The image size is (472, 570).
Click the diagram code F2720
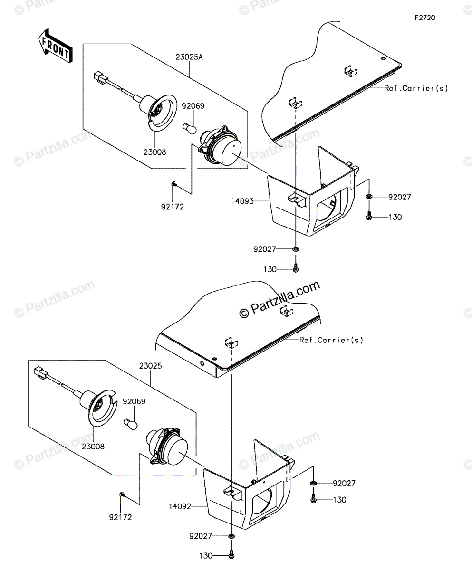click(x=424, y=18)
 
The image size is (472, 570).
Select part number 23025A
click(x=189, y=57)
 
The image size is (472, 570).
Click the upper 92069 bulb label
click(x=193, y=106)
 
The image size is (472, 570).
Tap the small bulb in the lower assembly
click(x=130, y=422)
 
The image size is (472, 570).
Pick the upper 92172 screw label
click(x=173, y=207)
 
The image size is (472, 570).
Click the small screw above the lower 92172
click(x=122, y=495)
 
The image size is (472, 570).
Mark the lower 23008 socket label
click(x=93, y=446)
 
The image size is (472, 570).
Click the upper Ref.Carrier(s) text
click(x=416, y=88)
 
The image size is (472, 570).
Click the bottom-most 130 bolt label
click(x=205, y=556)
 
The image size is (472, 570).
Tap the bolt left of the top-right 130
click(x=369, y=217)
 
